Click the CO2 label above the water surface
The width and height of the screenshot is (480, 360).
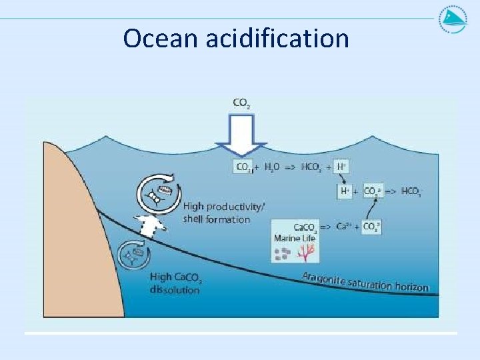(241, 103)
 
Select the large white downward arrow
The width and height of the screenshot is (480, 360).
(241, 137)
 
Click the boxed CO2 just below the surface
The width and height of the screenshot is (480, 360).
(243, 167)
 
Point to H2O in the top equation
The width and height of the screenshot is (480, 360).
(272, 167)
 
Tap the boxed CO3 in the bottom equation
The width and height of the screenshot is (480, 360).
(371, 227)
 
